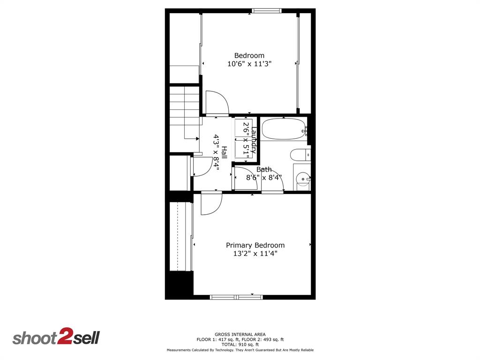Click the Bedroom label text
(249, 55)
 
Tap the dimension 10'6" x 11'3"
(249, 64)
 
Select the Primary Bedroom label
(255, 245)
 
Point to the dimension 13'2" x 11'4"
(255, 254)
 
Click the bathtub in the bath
(283, 128)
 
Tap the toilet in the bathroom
(299, 154)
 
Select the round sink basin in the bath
(303, 179)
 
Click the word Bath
(264, 169)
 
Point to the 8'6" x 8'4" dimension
(264, 178)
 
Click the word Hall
(224, 152)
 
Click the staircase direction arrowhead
(197, 138)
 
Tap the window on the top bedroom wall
(266, 10)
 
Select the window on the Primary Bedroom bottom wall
(236, 297)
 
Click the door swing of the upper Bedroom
(217, 103)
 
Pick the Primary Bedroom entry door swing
(211, 204)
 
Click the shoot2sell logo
(56, 337)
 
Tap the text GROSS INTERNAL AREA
(240, 334)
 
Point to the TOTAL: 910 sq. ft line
(240, 344)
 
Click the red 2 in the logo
(64, 337)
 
